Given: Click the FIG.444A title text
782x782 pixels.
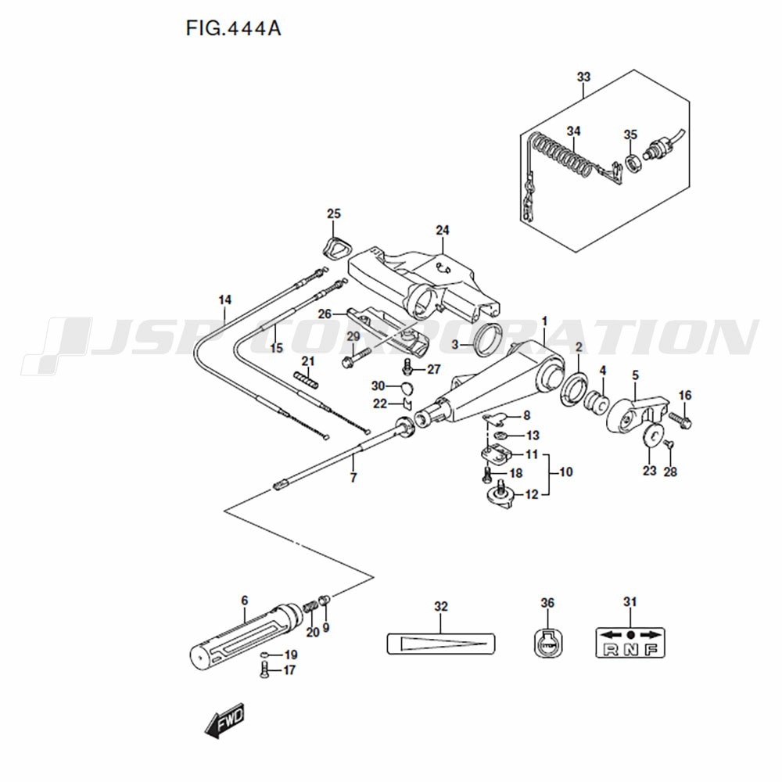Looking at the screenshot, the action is point(233,28).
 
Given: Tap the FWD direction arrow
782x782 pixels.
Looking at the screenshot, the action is point(224,719).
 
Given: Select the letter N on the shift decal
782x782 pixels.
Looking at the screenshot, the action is point(630,649).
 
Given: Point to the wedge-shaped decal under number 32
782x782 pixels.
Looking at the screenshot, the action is point(441,644).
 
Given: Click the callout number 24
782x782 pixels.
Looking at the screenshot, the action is point(443,230).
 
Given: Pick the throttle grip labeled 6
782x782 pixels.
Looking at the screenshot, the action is point(246,636).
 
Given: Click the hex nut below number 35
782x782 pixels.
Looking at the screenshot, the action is point(633,163).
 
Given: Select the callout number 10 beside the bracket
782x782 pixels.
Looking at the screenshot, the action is point(566,472).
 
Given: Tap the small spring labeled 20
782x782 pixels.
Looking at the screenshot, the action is point(310,609).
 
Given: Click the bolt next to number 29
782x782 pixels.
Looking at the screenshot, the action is point(356,357).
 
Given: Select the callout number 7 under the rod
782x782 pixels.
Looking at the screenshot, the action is point(353,477).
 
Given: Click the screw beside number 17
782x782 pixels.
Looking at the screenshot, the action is point(264,670).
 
